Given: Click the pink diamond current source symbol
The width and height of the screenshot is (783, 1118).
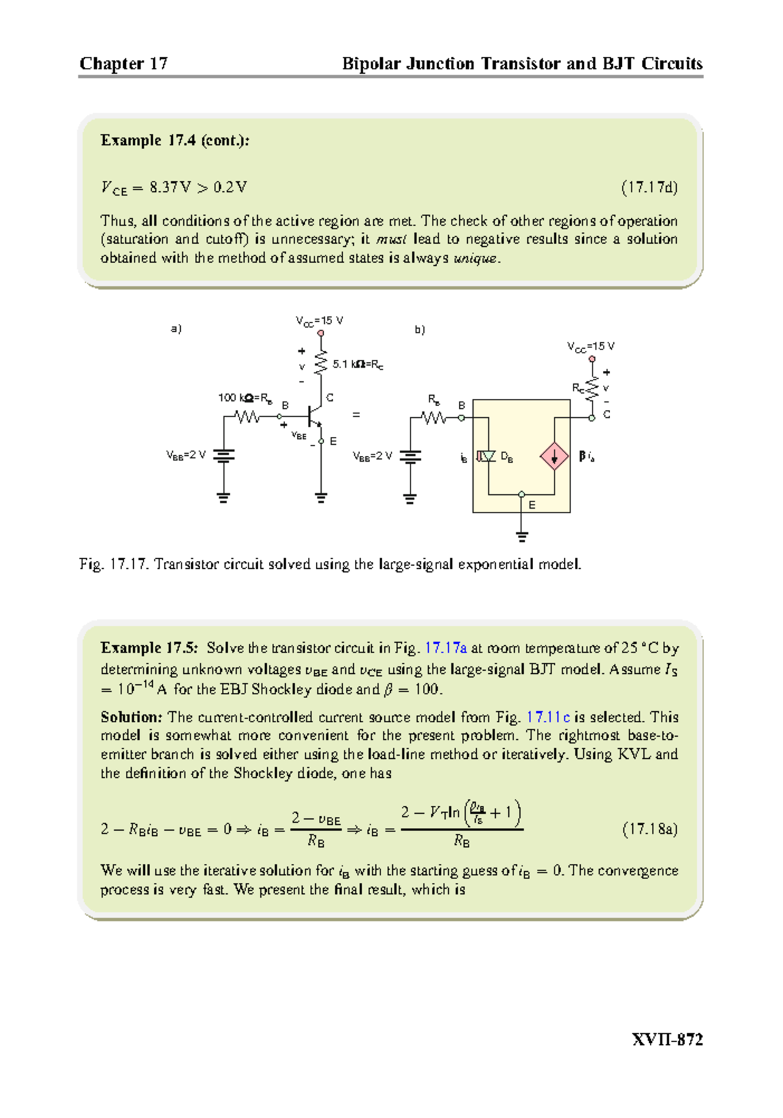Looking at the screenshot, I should (554, 456).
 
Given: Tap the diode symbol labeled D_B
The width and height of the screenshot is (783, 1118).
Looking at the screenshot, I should (487, 456).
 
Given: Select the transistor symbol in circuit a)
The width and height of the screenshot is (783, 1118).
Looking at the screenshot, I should (315, 415).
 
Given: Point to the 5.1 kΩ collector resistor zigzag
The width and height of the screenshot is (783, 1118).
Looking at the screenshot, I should (320, 363).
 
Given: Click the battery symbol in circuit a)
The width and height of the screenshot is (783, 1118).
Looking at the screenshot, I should (224, 455).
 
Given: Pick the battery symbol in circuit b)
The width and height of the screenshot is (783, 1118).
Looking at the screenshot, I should (410, 456).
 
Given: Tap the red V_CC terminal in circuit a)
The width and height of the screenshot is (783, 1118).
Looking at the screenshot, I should (320, 333).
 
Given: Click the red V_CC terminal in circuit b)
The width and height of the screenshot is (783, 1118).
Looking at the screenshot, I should (592, 359).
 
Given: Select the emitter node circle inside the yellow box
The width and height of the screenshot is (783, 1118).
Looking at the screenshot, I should (521, 494).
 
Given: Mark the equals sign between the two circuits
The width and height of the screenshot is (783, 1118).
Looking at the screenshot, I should (356, 415).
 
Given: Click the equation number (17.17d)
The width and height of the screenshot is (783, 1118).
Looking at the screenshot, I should (649, 188).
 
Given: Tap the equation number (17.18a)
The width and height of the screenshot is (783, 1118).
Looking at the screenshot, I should (649, 829).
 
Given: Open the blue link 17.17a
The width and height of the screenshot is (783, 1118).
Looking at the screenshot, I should (446, 648).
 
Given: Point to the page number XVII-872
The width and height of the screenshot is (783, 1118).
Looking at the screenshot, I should (667, 1040).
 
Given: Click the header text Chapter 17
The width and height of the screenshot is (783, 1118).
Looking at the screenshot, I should (123, 63).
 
